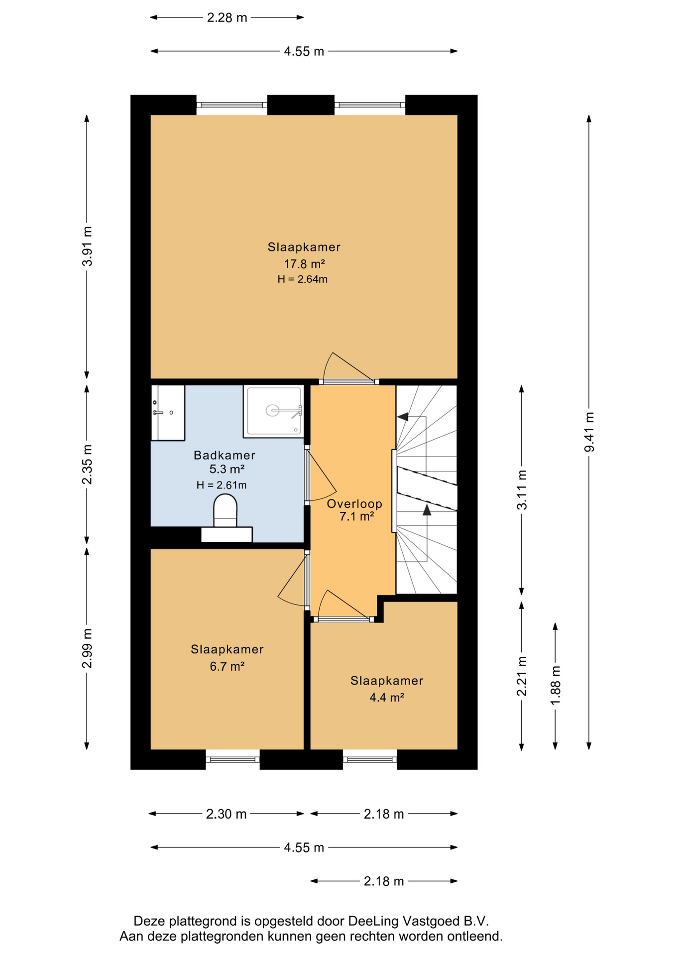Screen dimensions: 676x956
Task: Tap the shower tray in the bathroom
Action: [x=273, y=411]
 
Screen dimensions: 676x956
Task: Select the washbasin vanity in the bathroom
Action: [x=168, y=413]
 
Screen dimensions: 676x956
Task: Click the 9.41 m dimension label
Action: [x=589, y=432]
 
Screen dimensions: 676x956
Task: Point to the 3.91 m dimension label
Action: [x=87, y=246]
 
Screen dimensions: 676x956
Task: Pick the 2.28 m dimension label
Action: [x=227, y=18]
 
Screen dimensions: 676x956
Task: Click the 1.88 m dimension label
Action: [x=556, y=685]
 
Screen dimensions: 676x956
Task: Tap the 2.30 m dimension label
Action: [x=226, y=814]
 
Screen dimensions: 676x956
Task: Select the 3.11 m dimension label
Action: [x=522, y=490]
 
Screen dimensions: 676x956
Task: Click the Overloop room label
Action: [x=354, y=504]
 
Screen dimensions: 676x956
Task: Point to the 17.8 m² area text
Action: [x=305, y=263]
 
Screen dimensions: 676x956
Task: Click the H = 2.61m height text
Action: [x=222, y=485]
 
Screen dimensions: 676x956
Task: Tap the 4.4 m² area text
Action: [x=387, y=698]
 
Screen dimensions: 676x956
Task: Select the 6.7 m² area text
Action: [x=227, y=666]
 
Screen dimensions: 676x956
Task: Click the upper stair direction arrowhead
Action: [x=402, y=417]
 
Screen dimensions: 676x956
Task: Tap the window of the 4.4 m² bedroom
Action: [x=370, y=760]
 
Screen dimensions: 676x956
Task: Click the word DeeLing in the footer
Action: [x=373, y=921]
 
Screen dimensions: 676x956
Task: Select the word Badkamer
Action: [x=225, y=455]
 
